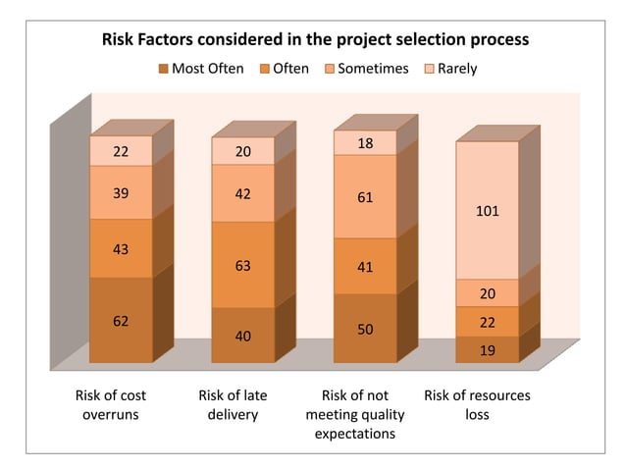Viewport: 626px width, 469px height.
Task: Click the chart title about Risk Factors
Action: click(316, 40)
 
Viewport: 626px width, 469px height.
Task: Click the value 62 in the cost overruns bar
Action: click(121, 321)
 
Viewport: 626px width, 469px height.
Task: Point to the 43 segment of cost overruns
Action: click(121, 248)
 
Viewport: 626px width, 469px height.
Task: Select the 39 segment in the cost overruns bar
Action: click(121, 193)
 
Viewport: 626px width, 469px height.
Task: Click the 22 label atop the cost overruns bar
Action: click(121, 151)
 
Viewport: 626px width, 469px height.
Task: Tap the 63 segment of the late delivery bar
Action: click(242, 265)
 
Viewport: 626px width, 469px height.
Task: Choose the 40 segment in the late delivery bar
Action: click(242, 336)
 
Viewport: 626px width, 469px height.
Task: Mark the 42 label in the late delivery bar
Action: click(242, 193)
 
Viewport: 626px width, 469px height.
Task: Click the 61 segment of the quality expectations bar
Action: click(365, 197)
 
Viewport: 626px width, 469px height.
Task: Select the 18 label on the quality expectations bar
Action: click(365, 143)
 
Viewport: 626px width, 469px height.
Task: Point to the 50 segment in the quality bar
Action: click(365, 329)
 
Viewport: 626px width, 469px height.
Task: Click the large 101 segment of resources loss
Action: click(488, 210)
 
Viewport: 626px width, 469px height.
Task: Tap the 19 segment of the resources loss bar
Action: click(488, 350)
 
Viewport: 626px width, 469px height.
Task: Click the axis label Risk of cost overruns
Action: click(111, 404)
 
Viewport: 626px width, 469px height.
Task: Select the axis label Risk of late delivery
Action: click(233, 404)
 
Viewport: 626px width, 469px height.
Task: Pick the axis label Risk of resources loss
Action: click(477, 404)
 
